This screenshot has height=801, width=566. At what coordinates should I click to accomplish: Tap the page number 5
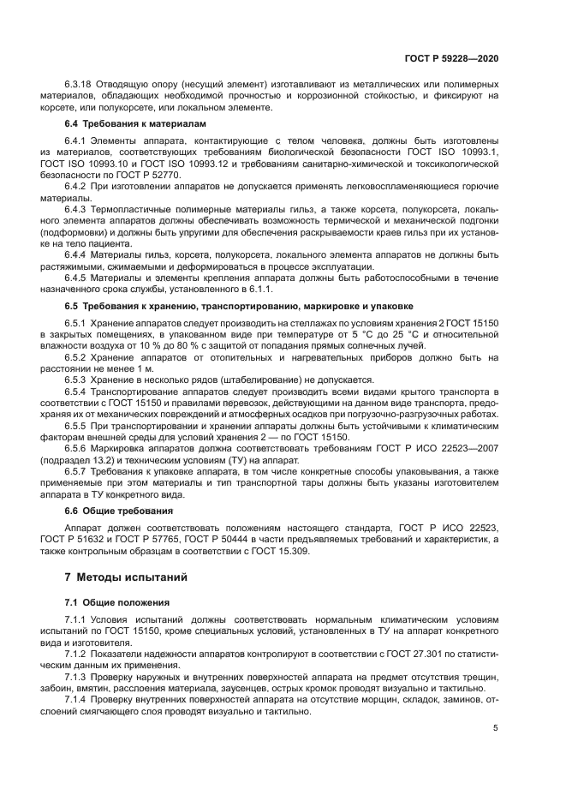(496, 729)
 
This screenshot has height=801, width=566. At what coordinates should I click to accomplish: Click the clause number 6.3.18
(80, 85)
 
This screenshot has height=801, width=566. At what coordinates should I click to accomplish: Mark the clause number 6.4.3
(77, 208)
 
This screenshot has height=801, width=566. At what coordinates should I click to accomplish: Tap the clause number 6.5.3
(77, 379)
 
